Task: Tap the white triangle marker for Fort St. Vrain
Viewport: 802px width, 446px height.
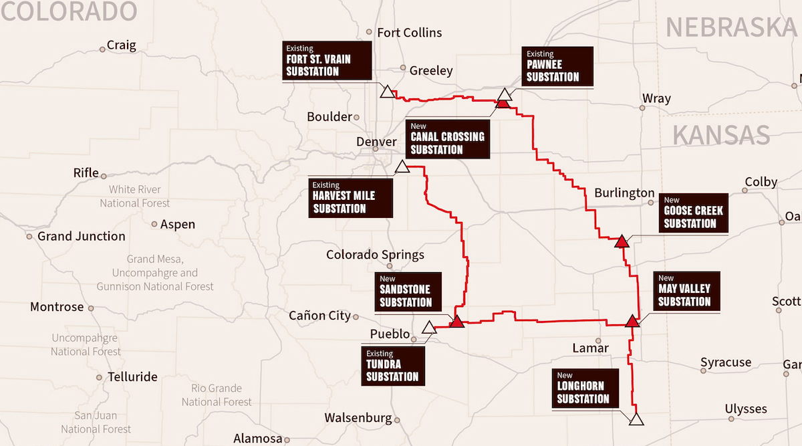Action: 386,92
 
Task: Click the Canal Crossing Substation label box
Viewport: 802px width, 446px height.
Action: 448,138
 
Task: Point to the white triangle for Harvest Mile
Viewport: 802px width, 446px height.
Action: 402,167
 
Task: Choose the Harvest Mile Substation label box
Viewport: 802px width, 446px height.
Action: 350,197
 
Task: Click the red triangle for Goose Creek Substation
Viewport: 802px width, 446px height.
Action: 622,241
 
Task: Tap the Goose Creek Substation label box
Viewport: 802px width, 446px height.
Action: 693,213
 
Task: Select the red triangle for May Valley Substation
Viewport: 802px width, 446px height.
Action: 632,321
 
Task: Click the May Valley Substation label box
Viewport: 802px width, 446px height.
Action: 686,291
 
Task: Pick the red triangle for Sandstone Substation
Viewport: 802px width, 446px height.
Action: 457,322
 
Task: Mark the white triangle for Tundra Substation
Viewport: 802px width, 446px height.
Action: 429,328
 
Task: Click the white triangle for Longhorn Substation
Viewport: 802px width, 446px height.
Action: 636,419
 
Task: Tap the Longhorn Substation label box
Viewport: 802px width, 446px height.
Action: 583,388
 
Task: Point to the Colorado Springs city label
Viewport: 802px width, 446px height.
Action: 375,255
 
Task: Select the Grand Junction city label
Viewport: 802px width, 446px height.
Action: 81,236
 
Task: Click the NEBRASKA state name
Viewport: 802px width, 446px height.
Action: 731,27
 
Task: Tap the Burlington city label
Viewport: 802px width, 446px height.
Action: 624,193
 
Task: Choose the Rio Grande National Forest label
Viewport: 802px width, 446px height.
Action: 217,395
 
